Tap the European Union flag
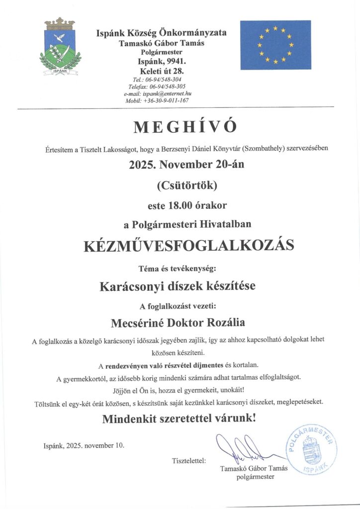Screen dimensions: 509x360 pyautogui.click(x=275, y=45)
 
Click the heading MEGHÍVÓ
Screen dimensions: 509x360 pyautogui.click(x=180, y=127)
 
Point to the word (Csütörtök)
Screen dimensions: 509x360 pyautogui.click(x=180, y=185)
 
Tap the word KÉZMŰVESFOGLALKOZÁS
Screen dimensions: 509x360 pyautogui.click(x=180, y=246)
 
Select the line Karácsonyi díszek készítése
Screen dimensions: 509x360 pyautogui.click(x=180, y=286)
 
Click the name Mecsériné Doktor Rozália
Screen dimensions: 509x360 pyautogui.click(x=180, y=322)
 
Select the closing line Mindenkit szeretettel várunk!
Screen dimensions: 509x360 pyautogui.click(x=180, y=419)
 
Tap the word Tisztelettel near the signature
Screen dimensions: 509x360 pyautogui.click(x=188, y=460)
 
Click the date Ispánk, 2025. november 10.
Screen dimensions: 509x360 pyautogui.click(x=84, y=445)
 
